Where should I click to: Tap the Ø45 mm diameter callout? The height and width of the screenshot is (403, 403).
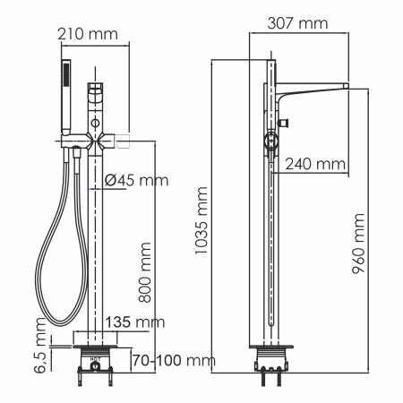click(x=135, y=180)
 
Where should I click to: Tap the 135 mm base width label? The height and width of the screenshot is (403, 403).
click(x=135, y=321)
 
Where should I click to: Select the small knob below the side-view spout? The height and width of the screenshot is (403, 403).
click(x=285, y=123)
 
